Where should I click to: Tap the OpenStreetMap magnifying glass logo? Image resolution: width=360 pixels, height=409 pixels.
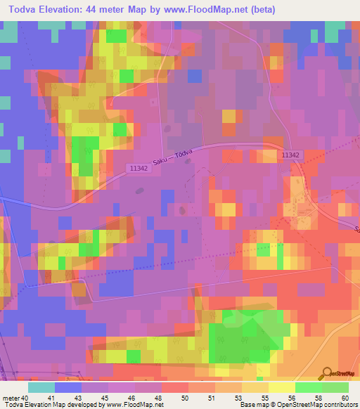pos(328,373)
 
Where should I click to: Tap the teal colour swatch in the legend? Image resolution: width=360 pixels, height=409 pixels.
pos(41,387)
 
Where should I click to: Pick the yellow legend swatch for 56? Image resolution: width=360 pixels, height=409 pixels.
pos(282,387)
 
